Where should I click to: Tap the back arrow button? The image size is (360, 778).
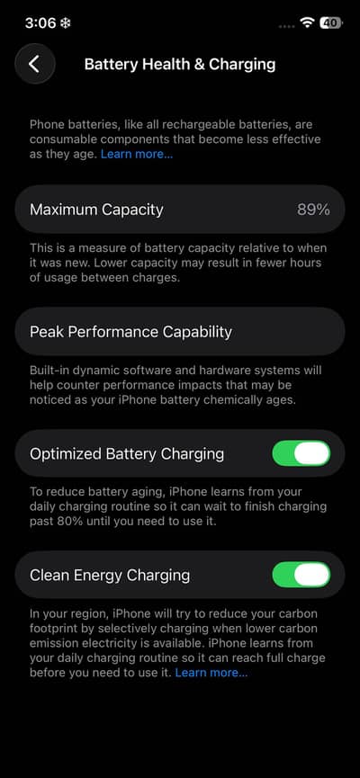(x=34, y=64)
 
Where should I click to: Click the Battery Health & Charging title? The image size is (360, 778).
(x=180, y=65)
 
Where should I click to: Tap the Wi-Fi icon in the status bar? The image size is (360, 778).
(x=308, y=22)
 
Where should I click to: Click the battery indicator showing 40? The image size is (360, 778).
(x=330, y=22)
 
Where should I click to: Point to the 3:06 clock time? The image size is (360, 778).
(x=40, y=23)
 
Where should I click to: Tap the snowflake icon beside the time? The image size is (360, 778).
(x=65, y=23)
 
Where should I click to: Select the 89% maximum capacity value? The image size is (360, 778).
(x=313, y=210)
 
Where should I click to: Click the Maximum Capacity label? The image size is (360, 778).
(x=96, y=210)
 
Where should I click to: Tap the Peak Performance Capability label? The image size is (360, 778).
(x=130, y=332)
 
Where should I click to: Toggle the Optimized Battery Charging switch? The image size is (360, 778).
(x=301, y=453)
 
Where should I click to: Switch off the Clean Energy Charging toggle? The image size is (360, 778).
(x=301, y=575)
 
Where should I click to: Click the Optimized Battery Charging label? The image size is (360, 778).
(x=127, y=454)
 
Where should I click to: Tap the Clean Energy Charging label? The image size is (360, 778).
(x=110, y=576)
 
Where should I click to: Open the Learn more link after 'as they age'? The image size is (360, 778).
(x=137, y=154)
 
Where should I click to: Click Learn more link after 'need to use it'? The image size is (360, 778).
(x=211, y=673)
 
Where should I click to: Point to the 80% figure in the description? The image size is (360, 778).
(x=61, y=523)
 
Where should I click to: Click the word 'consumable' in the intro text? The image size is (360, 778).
(x=62, y=139)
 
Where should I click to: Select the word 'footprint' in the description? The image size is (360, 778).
(x=51, y=629)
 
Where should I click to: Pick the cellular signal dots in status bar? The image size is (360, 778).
(x=286, y=26)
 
